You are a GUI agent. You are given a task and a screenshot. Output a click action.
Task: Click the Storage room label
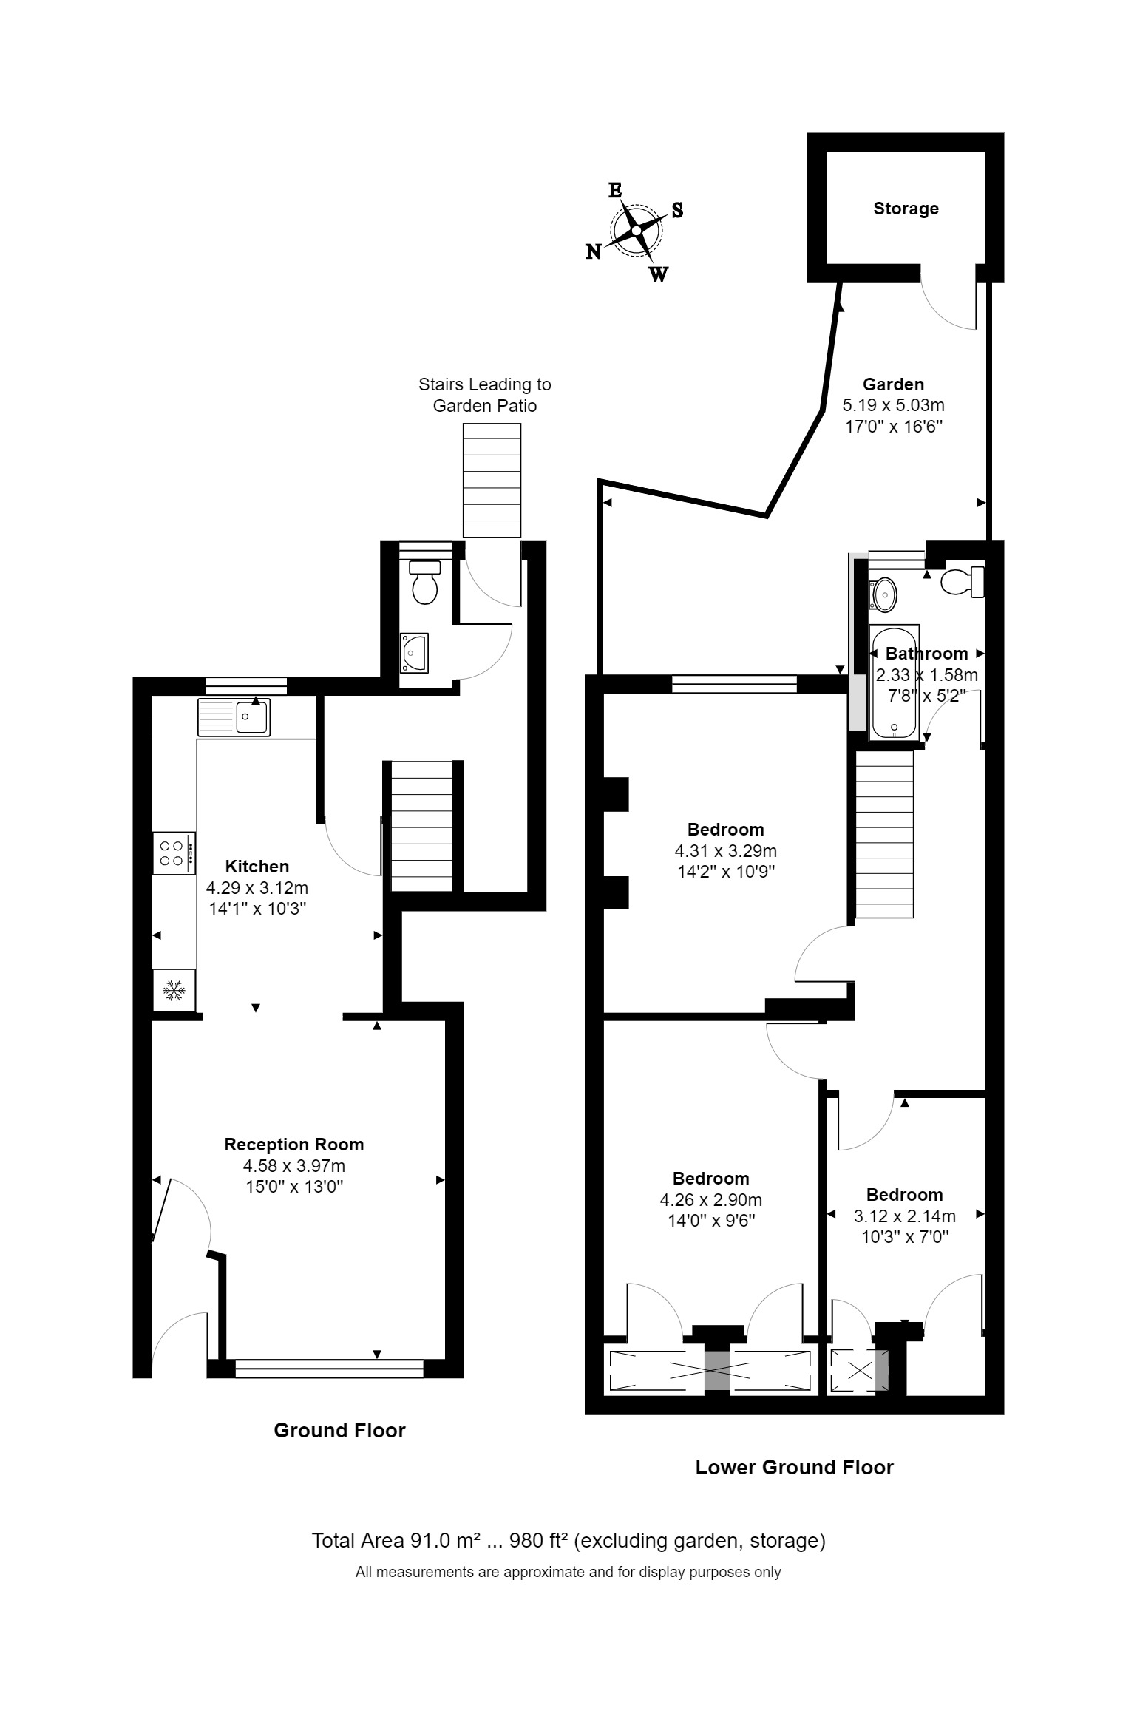tap(906, 209)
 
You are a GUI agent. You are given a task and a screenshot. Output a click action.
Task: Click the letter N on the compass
tap(593, 252)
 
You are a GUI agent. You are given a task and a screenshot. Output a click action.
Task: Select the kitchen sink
tap(234, 716)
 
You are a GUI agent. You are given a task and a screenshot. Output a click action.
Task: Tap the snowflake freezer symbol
tap(174, 990)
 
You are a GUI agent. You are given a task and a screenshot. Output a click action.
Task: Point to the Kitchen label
tap(257, 866)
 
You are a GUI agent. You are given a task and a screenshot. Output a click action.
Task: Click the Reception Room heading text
tap(294, 1145)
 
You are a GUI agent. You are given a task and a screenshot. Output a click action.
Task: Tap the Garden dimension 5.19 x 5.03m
tap(893, 405)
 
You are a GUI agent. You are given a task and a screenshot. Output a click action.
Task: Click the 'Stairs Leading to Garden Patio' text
tap(484, 395)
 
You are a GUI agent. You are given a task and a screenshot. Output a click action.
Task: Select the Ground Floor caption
tap(339, 1430)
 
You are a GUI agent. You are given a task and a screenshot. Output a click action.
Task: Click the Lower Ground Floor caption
tap(794, 1467)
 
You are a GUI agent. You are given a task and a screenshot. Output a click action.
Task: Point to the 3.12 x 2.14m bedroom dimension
tap(904, 1216)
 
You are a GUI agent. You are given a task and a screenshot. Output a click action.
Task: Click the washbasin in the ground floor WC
tap(413, 652)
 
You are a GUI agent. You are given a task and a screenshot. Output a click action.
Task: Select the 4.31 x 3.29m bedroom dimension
tap(725, 850)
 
